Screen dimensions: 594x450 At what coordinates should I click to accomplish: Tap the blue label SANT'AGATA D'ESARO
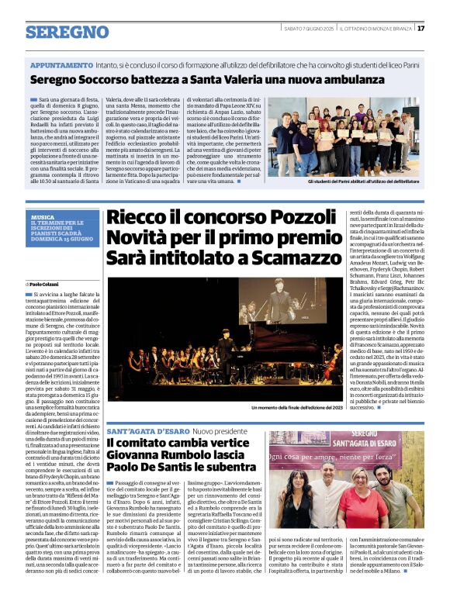pos(145,429)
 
